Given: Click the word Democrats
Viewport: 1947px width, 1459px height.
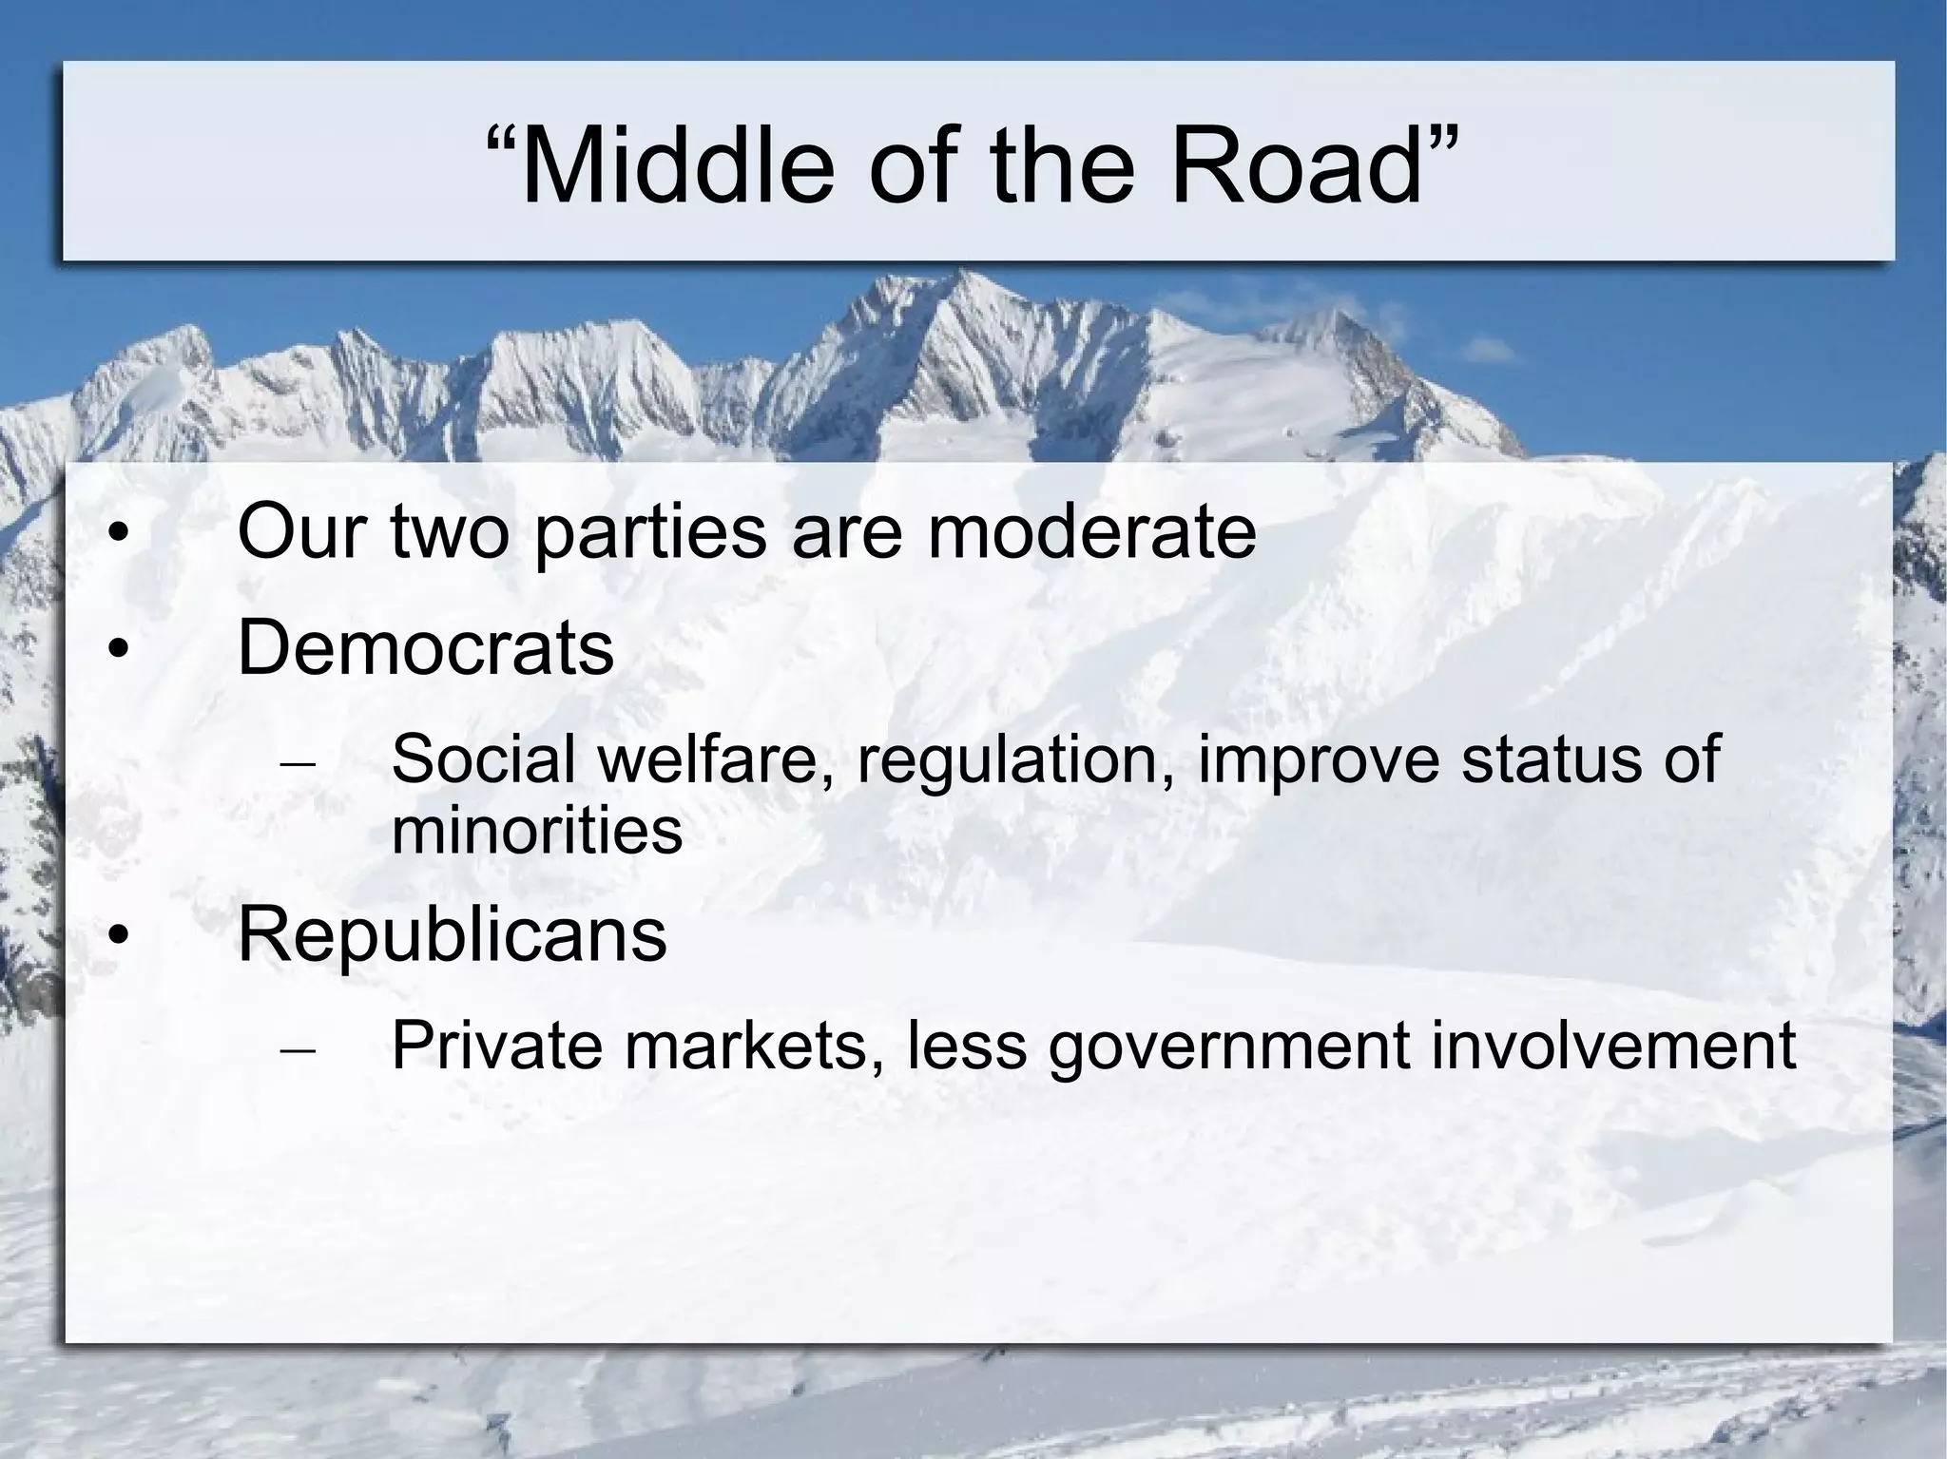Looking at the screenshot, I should click(425, 648).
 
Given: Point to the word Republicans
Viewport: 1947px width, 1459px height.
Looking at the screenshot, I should click(452, 934).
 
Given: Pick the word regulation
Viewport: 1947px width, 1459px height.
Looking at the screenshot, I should click(1015, 761).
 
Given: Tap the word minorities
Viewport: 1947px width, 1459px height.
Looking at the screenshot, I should click(537, 829).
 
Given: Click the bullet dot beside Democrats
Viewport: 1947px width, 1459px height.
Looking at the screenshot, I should click(117, 651).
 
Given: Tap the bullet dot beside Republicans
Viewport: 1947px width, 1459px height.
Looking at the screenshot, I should click(117, 937).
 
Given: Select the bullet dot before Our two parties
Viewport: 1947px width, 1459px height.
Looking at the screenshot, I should click(117, 534).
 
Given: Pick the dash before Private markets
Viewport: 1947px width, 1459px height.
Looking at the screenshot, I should click(299, 1050).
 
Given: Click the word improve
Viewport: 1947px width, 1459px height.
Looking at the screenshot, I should click(1319, 761).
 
